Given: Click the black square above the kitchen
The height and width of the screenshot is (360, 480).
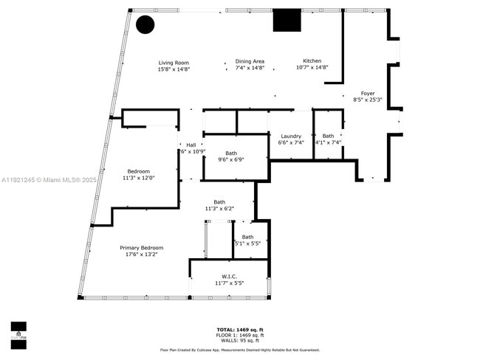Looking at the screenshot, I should pyautogui.click(x=287, y=20).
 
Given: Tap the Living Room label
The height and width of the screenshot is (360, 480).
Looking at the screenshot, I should pyautogui.click(x=174, y=63).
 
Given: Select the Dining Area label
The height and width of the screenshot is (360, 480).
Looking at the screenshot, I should pyautogui.click(x=250, y=61).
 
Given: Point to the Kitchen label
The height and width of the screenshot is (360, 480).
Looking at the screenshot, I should pyautogui.click(x=312, y=60).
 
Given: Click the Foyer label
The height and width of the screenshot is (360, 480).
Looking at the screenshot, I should pyautogui.click(x=367, y=93).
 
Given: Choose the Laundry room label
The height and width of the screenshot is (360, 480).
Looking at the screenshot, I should pyautogui.click(x=291, y=136).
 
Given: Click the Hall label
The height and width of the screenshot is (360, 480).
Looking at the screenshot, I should pyautogui.click(x=191, y=145).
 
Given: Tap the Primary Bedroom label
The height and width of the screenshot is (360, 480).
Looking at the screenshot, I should pyautogui.click(x=141, y=247).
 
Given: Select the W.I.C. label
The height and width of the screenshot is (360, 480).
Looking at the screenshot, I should pyautogui.click(x=229, y=276).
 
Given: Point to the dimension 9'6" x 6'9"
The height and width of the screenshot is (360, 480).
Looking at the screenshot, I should pyautogui.click(x=232, y=159).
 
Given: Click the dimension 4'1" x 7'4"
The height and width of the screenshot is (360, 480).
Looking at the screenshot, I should pyautogui.click(x=329, y=142).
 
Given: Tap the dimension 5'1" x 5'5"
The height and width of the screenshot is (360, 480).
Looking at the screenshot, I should pyautogui.click(x=247, y=243).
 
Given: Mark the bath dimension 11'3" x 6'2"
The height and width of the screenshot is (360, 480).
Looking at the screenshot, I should pyautogui.click(x=219, y=209).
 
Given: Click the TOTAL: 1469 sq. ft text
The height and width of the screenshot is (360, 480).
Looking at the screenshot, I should pyautogui.click(x=240, y=329).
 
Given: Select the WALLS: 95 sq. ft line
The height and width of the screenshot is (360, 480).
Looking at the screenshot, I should pyautogui.click(x=240, y=340).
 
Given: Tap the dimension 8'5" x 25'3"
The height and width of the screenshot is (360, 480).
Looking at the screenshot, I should pyautogui.click(x=367, y=100).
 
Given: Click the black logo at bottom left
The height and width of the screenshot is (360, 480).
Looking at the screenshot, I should pyautogui.click(x=18, y=334).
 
